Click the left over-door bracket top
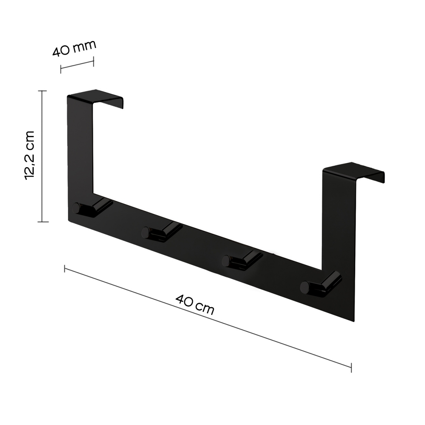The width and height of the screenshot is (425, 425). [x=96, y=97]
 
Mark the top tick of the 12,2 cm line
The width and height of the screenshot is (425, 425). [x=42, y=91]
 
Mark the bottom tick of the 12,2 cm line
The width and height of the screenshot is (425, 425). [x=42, y=222]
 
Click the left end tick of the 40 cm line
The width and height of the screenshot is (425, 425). [x=64, y=268]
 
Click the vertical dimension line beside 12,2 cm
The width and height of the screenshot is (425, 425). [x=42, y=156]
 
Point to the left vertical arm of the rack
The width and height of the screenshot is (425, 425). [x=80, y=149]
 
